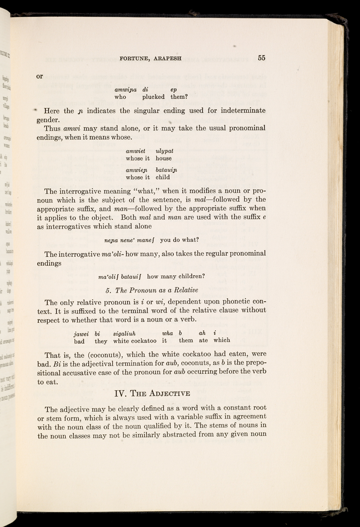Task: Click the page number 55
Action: tap(262, 58)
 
